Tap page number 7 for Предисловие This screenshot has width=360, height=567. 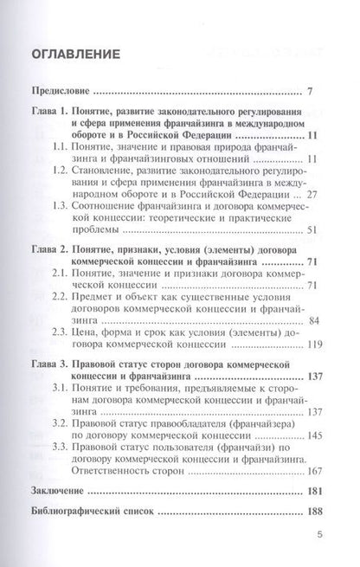[x=320, y=90]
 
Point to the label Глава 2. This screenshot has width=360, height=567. [x=48, y=250]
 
